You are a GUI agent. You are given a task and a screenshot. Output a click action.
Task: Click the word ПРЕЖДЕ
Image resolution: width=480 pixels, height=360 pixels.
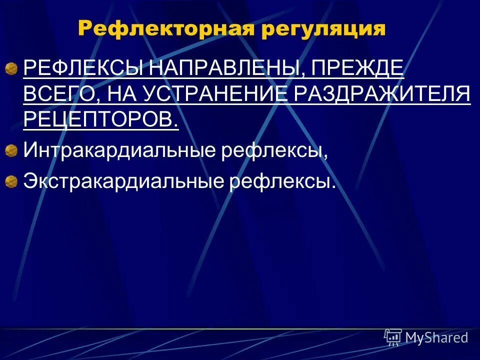[357, 68]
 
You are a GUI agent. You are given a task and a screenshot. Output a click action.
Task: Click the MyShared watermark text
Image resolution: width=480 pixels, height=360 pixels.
[436, 337]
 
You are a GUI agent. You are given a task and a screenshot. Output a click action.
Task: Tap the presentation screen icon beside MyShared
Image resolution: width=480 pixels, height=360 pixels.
[393, 337]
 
